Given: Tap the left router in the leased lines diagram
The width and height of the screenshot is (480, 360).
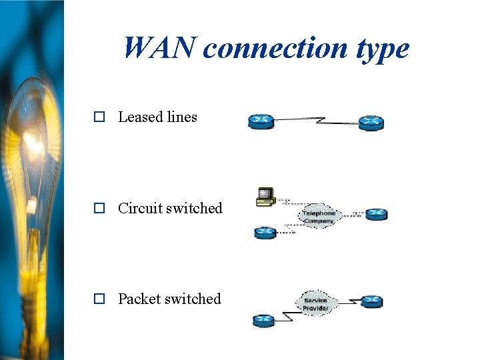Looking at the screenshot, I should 261,121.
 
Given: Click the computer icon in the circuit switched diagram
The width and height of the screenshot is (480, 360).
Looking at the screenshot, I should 266,196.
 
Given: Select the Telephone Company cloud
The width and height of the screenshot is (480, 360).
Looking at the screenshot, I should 319,217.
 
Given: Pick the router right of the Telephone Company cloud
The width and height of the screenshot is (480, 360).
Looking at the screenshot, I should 376,214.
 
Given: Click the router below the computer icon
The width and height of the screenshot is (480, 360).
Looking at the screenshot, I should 265,233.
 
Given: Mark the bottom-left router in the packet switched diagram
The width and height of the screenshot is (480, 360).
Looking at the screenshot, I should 263,321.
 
